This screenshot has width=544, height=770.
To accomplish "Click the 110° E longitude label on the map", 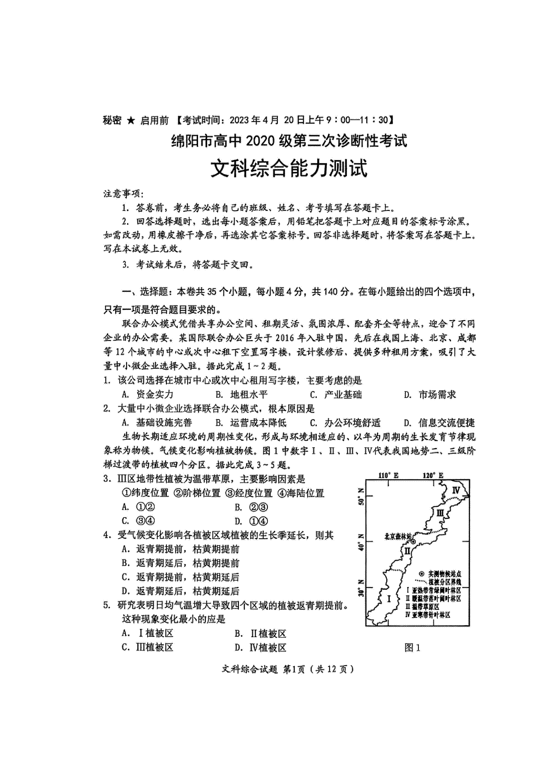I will (389, 475).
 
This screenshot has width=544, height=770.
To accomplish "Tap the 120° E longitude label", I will (433, 475).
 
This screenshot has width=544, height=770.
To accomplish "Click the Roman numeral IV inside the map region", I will (456, 490).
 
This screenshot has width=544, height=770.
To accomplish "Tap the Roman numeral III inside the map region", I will (439, 513).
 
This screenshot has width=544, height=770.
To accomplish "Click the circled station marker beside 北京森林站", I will (413, 541).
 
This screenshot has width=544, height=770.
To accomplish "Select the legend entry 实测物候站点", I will (438, 574).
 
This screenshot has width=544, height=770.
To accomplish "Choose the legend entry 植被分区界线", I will (438, 582).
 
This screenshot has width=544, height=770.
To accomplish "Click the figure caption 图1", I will (412, 648).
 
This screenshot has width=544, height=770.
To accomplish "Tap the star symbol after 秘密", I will (131, 120).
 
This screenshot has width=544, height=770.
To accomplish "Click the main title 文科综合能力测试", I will (289, 169).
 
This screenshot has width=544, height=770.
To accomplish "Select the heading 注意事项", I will (124, 194).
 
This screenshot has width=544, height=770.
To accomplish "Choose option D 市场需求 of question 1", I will (430, 395).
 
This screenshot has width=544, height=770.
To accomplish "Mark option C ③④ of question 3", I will (139, 521).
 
